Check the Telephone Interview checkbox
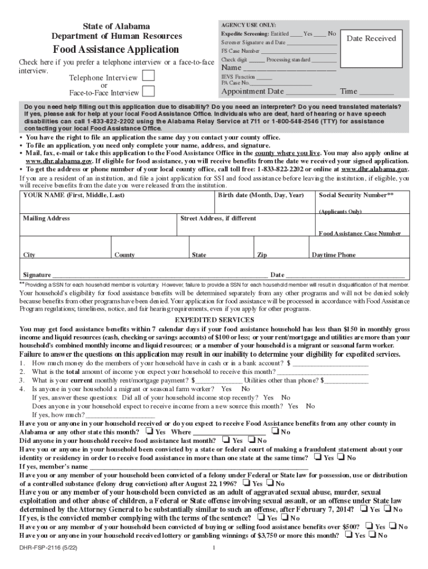point(148,77)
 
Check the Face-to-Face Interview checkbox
point(148,92)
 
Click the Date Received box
point(371,38)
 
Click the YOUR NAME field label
point(73,196)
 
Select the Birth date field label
point(261,196)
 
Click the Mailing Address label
point(46,218)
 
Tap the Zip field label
point(262,255)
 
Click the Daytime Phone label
point(334,255)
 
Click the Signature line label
point(37,275)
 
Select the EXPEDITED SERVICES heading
point(215,320)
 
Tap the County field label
point(125,255)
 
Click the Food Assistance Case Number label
point(360,234)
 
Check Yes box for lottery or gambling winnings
point(349,535)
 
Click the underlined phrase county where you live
point(288,153)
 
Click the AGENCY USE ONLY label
point(248,26)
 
